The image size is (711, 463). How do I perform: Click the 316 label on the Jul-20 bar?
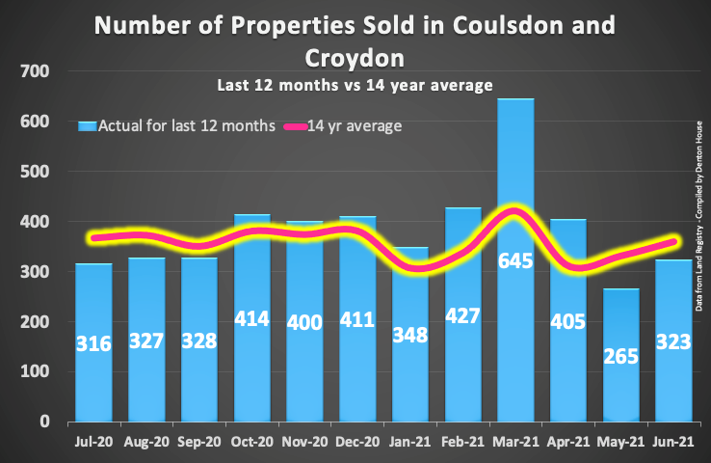(x=94, y=342)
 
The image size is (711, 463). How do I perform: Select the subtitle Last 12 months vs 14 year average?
(x=355, y=85)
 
